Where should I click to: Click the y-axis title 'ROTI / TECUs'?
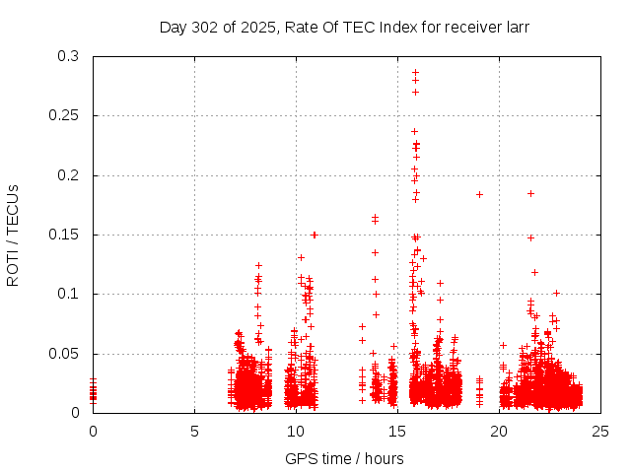13,235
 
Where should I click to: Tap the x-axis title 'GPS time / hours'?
345,458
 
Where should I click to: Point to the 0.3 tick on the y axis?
68,56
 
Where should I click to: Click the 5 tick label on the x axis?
194,431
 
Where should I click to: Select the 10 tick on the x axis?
296,431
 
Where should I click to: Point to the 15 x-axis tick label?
397,431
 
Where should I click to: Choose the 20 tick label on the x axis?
499,431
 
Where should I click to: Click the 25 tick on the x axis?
600,431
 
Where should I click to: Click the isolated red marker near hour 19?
479,194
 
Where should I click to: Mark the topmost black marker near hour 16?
415,72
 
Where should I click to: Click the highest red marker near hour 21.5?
530,193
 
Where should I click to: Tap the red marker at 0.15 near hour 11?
315,235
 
